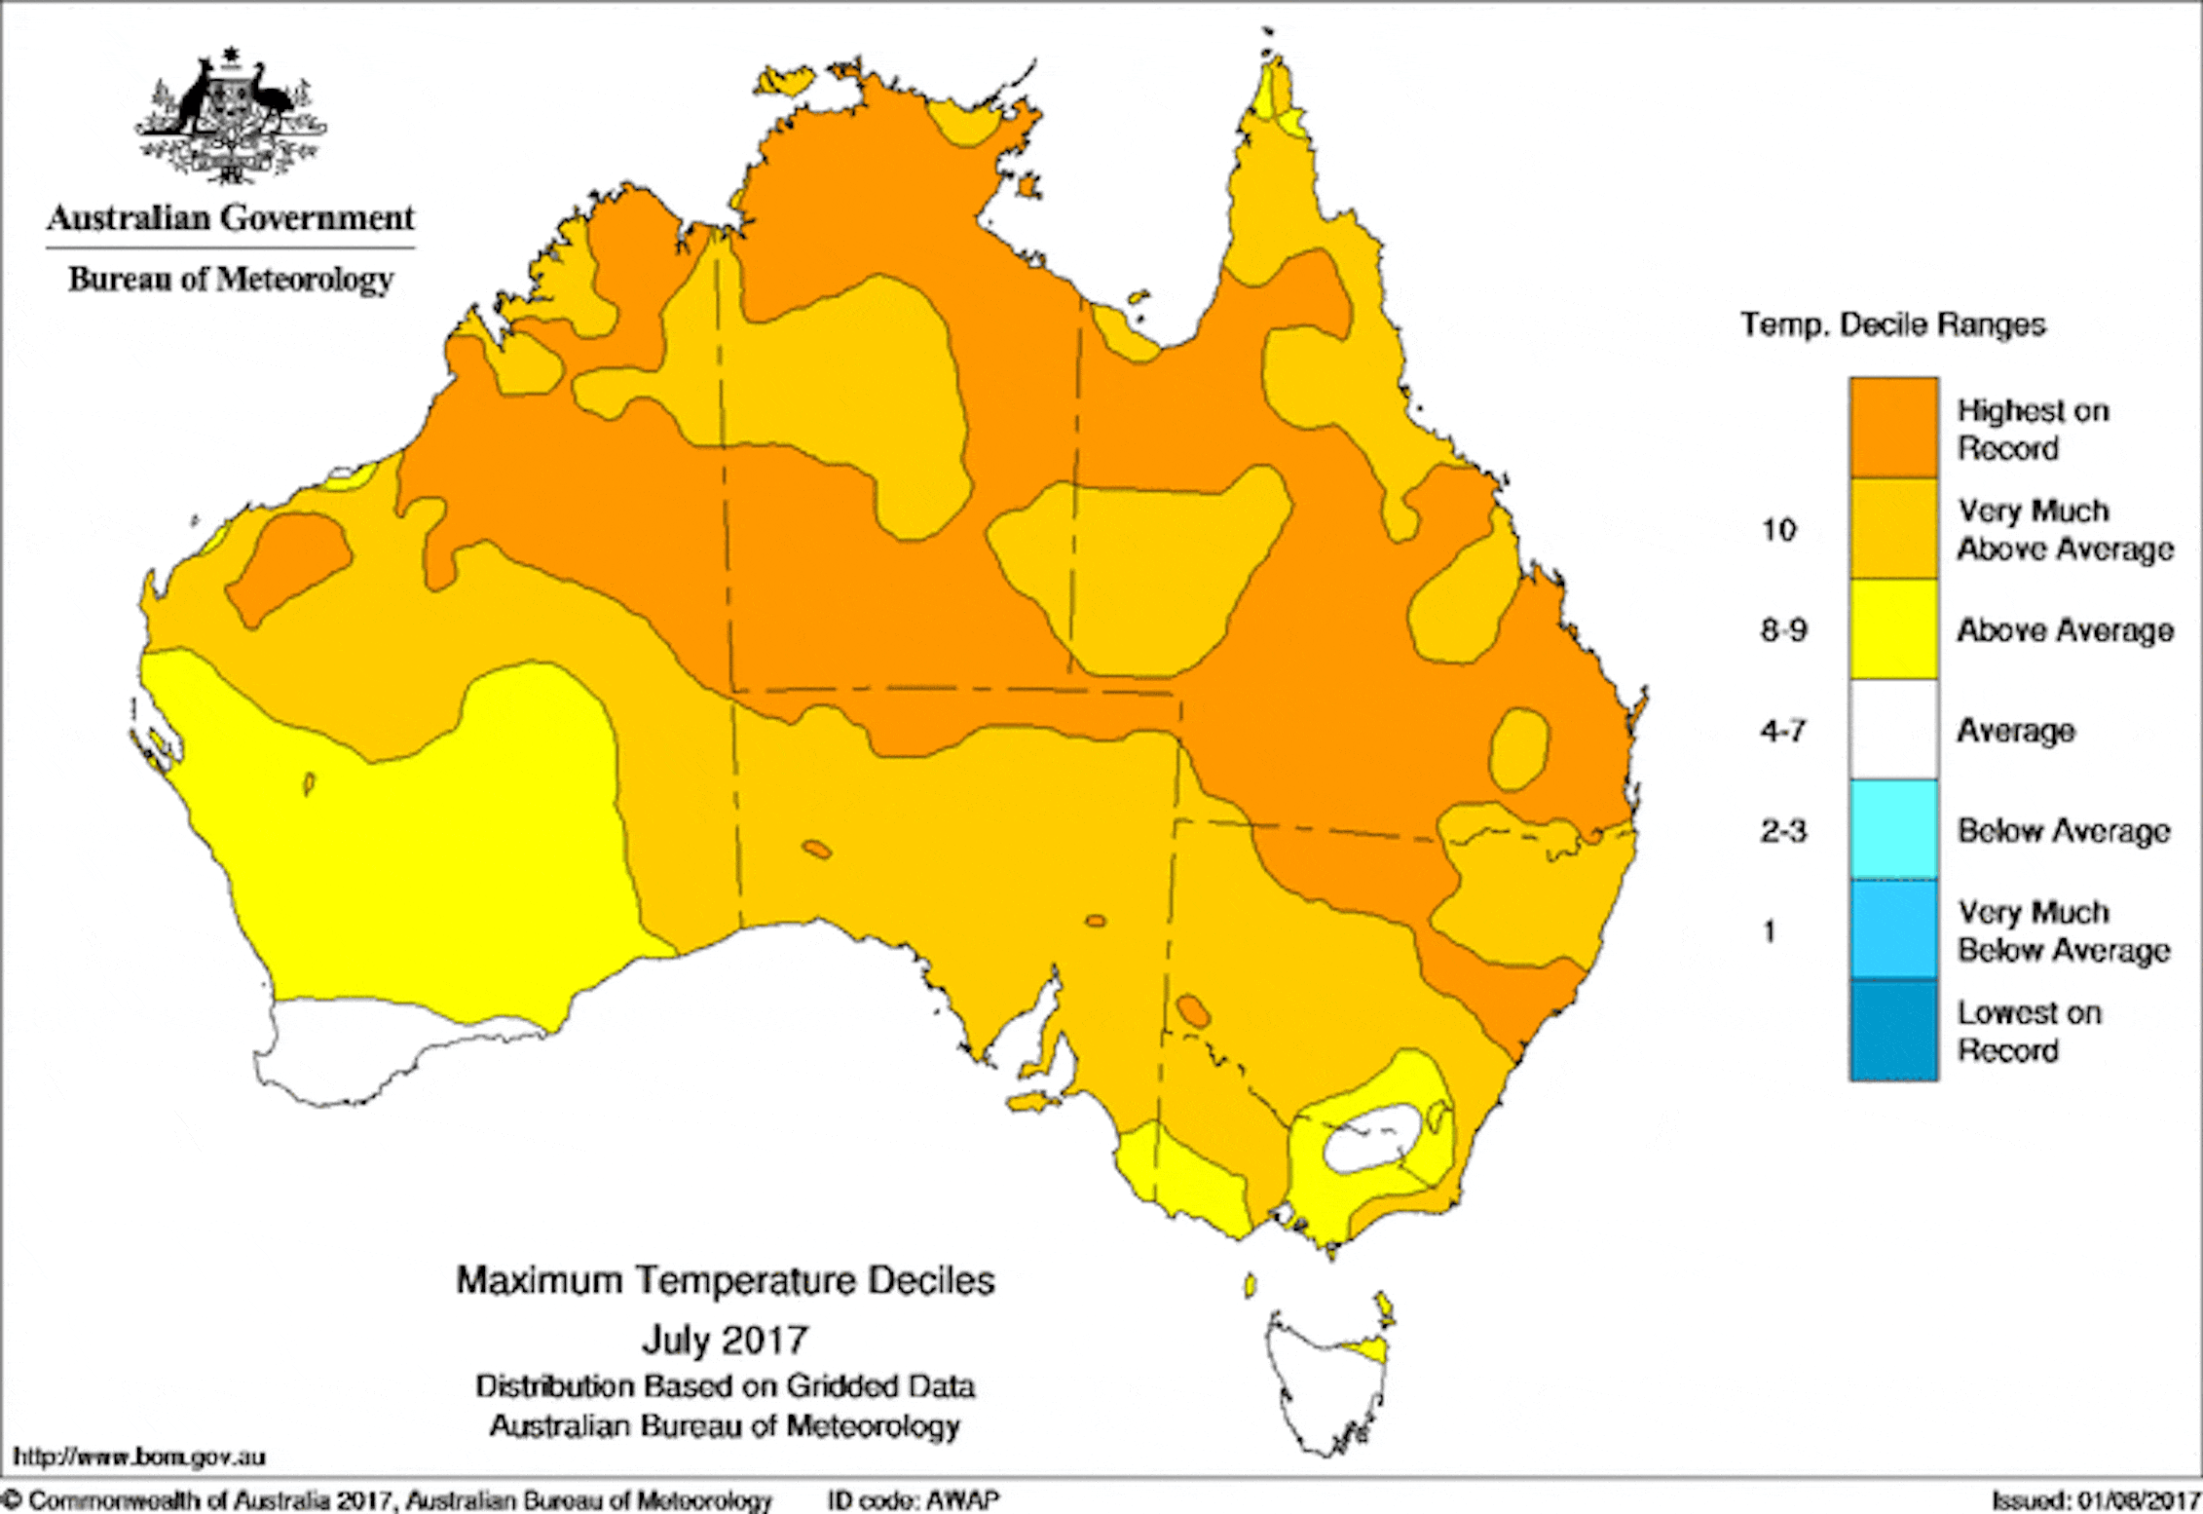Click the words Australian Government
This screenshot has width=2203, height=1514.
coord(231,217)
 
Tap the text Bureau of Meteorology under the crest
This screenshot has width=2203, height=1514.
coord(231,280)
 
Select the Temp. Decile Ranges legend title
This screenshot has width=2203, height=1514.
coord(1892,324)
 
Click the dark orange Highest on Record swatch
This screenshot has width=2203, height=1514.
coord(1893,427)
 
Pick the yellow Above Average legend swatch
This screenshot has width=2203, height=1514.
coord(1893,628)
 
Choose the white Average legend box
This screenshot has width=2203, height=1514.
coord(1893,730)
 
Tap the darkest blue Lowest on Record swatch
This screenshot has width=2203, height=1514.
coord(1893,1030)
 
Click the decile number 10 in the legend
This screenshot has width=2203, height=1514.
coord(1778,530)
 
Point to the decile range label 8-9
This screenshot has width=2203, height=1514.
coord(1783,630)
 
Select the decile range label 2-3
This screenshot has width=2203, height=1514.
coord(1783,831)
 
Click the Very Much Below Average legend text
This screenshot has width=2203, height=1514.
coord(2063,930)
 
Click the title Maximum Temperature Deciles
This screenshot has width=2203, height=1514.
coord(726,1280)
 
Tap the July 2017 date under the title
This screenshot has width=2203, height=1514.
coord(725,1340)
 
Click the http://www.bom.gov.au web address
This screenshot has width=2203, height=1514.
coord(139,1457)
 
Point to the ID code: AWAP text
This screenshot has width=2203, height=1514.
coord(913,1499)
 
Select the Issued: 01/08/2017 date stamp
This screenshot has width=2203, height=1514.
coord(2093,1500)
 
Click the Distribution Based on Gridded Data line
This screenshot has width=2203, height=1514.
coord(725,1386)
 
